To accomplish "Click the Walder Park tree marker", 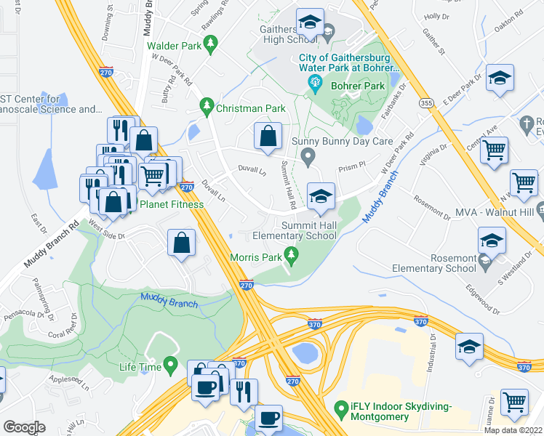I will pyautogui.click(x=210, y=45).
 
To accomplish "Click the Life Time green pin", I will pyautogui.click(x=171, y=364).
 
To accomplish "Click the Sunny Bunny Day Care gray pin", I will pyautogui.click(x=309, y=155).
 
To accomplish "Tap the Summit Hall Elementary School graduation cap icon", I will pyautogui.click(x=320, y=195).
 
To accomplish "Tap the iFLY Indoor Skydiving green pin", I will pyautogui.click(x=339, y=410).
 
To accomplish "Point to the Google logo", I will pyautogui.click(x=24, y=427).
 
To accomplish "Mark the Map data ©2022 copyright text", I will pyautogui.click(x=513, y=430).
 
